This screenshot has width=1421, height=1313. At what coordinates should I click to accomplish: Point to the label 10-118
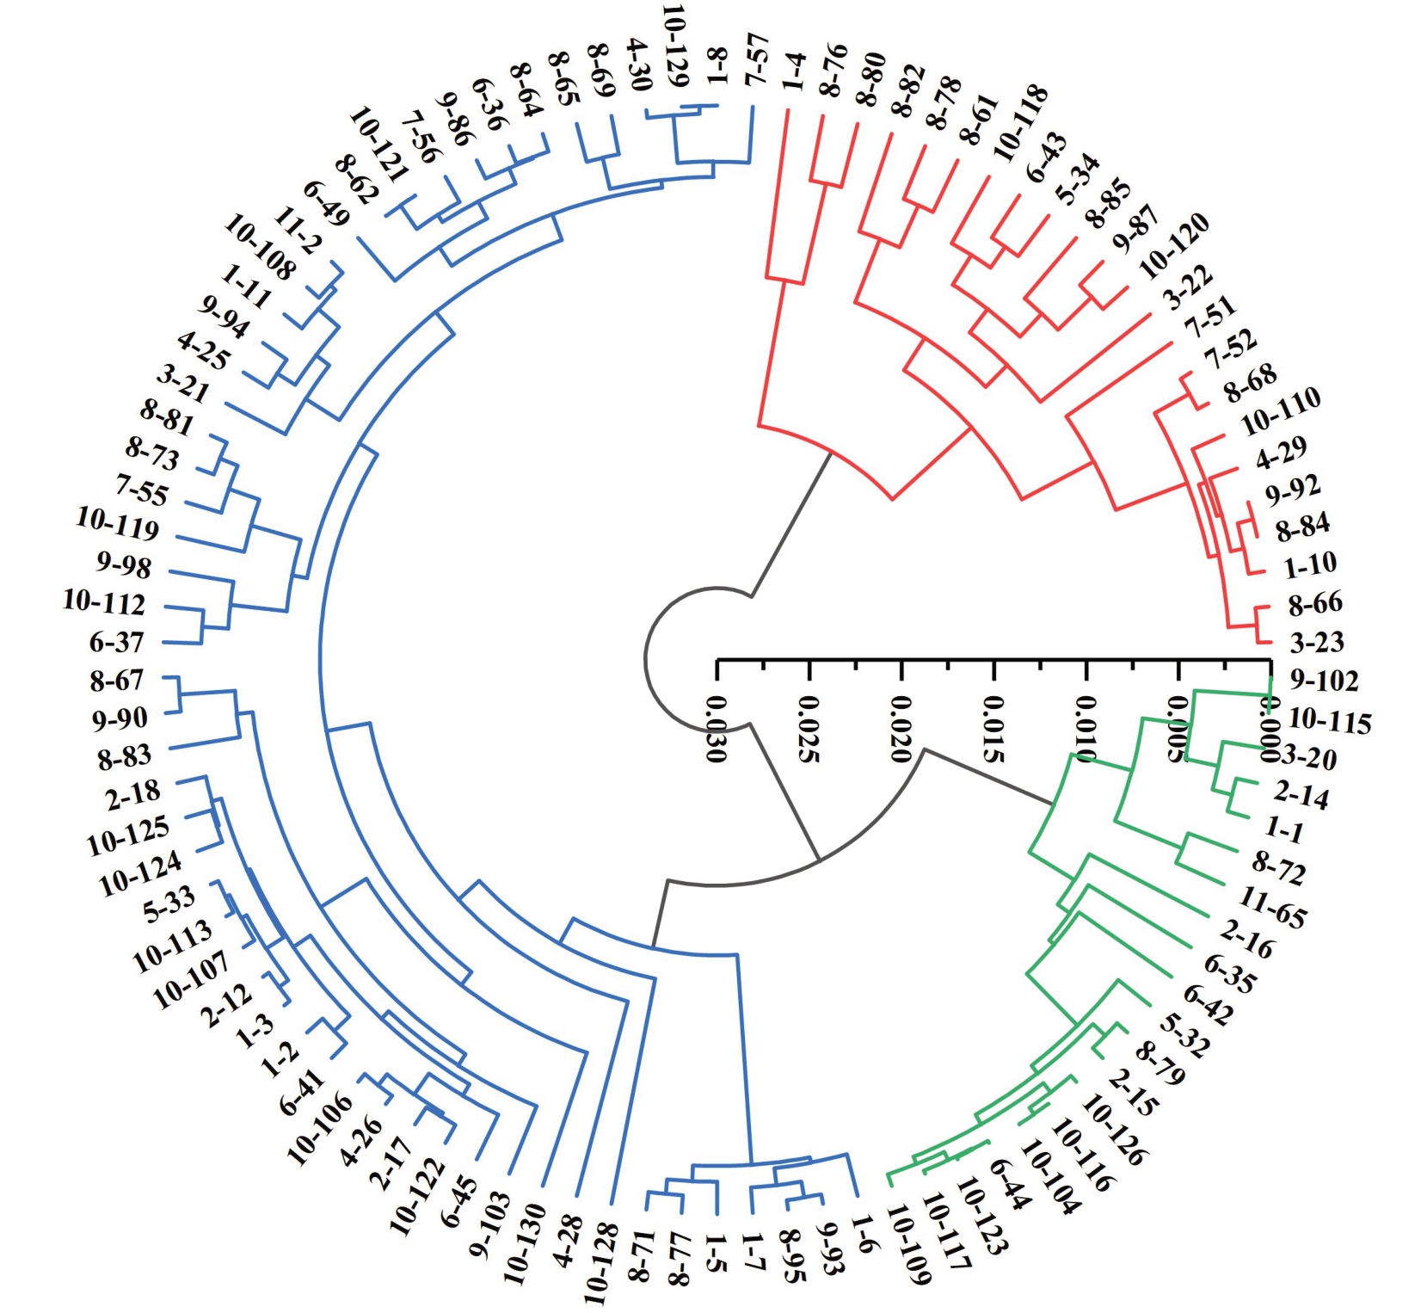1020,123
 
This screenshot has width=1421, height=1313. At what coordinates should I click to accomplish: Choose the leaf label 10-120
1173,245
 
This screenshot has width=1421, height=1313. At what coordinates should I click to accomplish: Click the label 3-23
1316,642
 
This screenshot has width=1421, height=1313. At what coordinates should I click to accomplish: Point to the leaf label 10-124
140,873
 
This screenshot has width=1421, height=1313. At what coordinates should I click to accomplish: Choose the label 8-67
116,681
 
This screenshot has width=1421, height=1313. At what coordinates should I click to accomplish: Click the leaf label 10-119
118,523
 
